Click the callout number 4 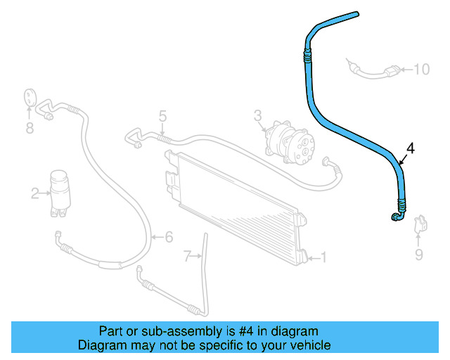411,148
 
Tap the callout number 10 421,69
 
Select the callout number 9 419,254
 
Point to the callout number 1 323,257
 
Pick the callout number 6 169,237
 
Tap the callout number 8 30,128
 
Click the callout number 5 162,117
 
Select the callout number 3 258,115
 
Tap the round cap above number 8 30,97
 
